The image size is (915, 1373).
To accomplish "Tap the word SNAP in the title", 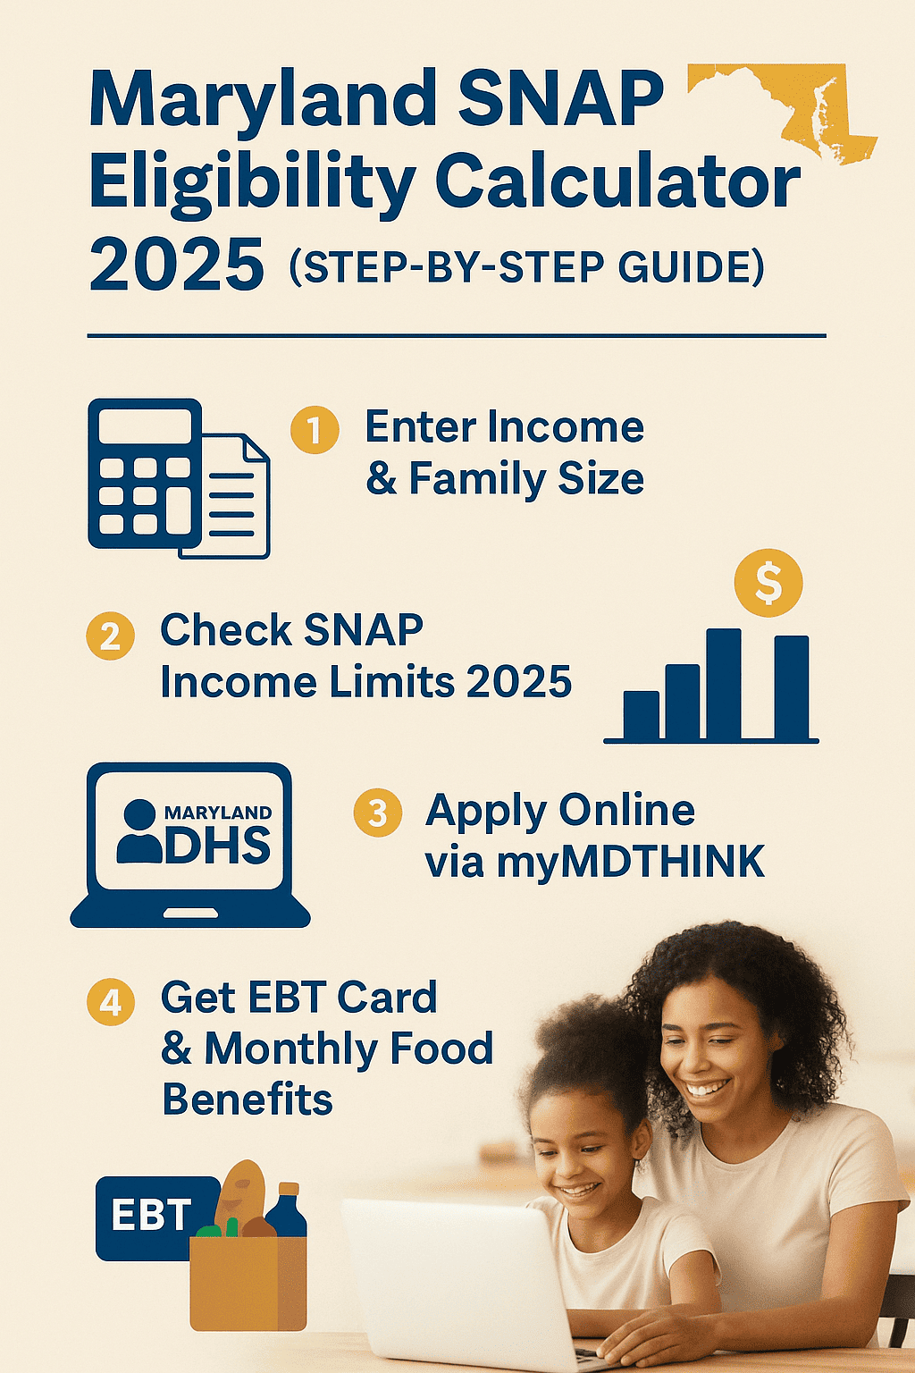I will (560, 98).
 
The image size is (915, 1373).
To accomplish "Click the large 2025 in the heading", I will (176, 266).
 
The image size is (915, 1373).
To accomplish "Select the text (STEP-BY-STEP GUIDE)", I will (527, 267).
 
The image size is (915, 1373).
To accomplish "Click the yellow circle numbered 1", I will (315, 430).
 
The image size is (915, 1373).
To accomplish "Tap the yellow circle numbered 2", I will (110, 636).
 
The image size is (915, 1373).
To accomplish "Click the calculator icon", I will (143, 474).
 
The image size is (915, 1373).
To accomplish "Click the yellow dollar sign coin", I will (768, 583).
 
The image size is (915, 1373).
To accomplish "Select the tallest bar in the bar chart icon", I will (724, 684).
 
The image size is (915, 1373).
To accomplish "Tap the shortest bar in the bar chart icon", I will (641, 715).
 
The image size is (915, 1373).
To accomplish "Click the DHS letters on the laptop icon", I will (218, 845).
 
